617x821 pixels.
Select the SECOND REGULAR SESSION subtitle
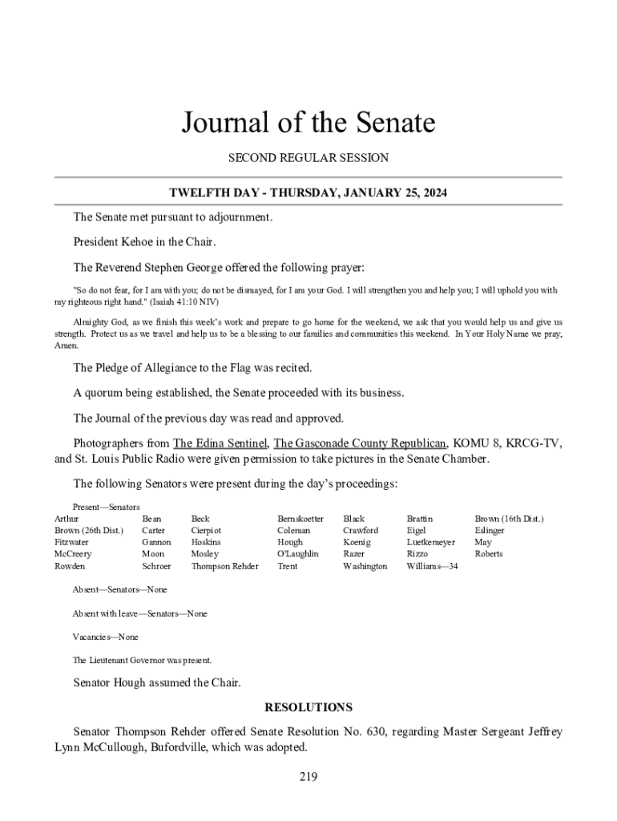click(x=308, y=158)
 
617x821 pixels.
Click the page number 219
click(x=308, y=776)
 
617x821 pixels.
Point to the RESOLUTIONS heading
click(x=308, y=707)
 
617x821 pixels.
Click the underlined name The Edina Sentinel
click(x=220, y=443)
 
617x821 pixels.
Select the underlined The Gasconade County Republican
click(x=360, y=443)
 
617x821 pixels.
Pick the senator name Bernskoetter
click(x=300, y=519)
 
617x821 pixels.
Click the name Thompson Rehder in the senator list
click(x=225, y=566)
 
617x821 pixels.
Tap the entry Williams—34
click(x=432, y=566)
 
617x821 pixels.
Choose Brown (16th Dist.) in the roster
click(x=509, y=519)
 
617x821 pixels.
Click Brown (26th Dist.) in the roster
click(x=89, y=530)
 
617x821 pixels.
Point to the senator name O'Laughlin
click(x=298, y=554)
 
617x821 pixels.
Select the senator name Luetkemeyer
click(x=431, y=542)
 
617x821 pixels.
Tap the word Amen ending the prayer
click(x=66, y=346)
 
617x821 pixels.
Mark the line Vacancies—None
click(x=105, y=637)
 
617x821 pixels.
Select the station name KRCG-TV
click(x=530, y=443)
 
